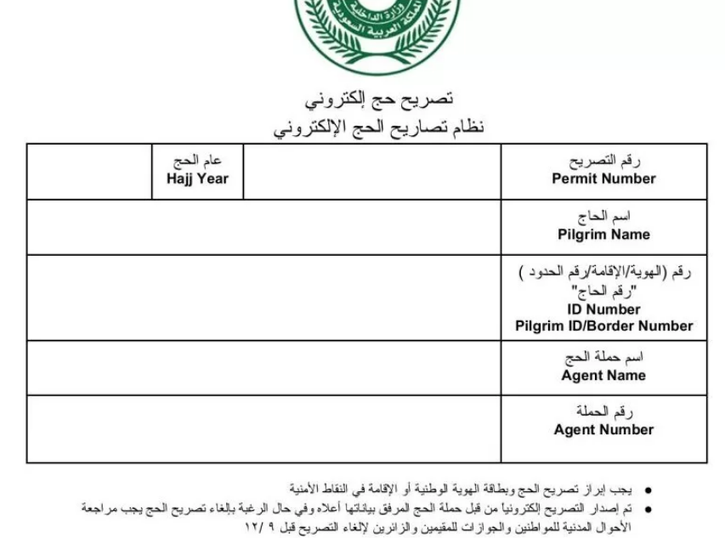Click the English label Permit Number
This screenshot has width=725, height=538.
pyautogui.click(x=603, y=178)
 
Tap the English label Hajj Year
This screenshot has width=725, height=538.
pyautogui.click(x=197, y=178)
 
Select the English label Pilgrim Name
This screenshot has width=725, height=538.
pyautogui.click(x=603, y=235)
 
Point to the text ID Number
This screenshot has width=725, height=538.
pyautogui.click(x=603, y=309)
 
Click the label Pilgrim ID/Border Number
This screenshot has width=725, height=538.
pyautogui.click(x=603, y=326)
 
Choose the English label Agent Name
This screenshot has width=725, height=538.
pyautogui.click(x=603, y=376)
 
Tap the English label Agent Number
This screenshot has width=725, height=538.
pyautogui.click(x=603, y=430)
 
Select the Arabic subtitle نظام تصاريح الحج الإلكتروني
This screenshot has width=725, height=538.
pyautogui.click(x=378, y=128)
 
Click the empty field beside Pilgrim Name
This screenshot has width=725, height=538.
pyautogui.click(x=263, y=227)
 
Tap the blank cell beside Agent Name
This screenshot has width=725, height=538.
pyautogui.click(x=263, y=368)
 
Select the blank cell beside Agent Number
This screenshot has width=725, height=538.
pyautogui.click(x=263, y=429)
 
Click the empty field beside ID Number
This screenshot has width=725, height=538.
pyautogui.click(x=263, y=297)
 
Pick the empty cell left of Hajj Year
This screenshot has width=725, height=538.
pyautogui.click(x=89, y=172)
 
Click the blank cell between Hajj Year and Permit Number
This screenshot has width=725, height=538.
pyautogui.click(x=372, y=172)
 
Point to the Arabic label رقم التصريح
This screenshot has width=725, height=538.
pyautogui.click(x=603, y=161)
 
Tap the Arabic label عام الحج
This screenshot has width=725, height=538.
pyautogui.click(x=197, y=161)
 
